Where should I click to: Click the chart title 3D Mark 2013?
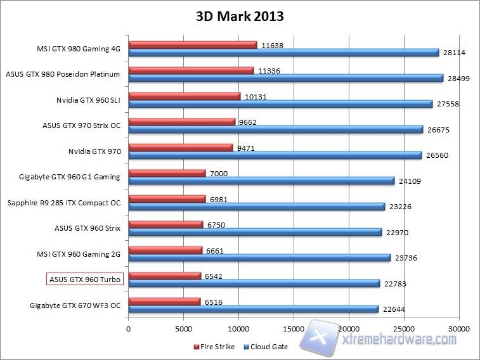(x=240, y=16)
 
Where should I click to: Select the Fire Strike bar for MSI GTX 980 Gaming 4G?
(x=193, y=45)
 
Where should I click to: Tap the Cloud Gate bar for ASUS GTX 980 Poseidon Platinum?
(x=285, y=78)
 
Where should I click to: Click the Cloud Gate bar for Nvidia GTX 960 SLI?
(x=280, y=104)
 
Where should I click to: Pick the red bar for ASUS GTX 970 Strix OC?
(x=182, y=122)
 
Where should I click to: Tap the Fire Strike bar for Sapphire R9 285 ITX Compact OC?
(x=167, y=199)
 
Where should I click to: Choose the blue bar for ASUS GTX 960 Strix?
(x=255, y=233)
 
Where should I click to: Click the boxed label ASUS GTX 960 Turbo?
(x=84, y=279)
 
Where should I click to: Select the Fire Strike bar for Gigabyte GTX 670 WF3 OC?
(x=165, y=302)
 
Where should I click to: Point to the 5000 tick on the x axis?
(x=184, y=330)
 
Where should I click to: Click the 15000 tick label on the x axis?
(x=294, y=330)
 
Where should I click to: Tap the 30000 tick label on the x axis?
(x=458, y=330)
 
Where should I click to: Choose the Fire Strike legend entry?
(x=216, y=347)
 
